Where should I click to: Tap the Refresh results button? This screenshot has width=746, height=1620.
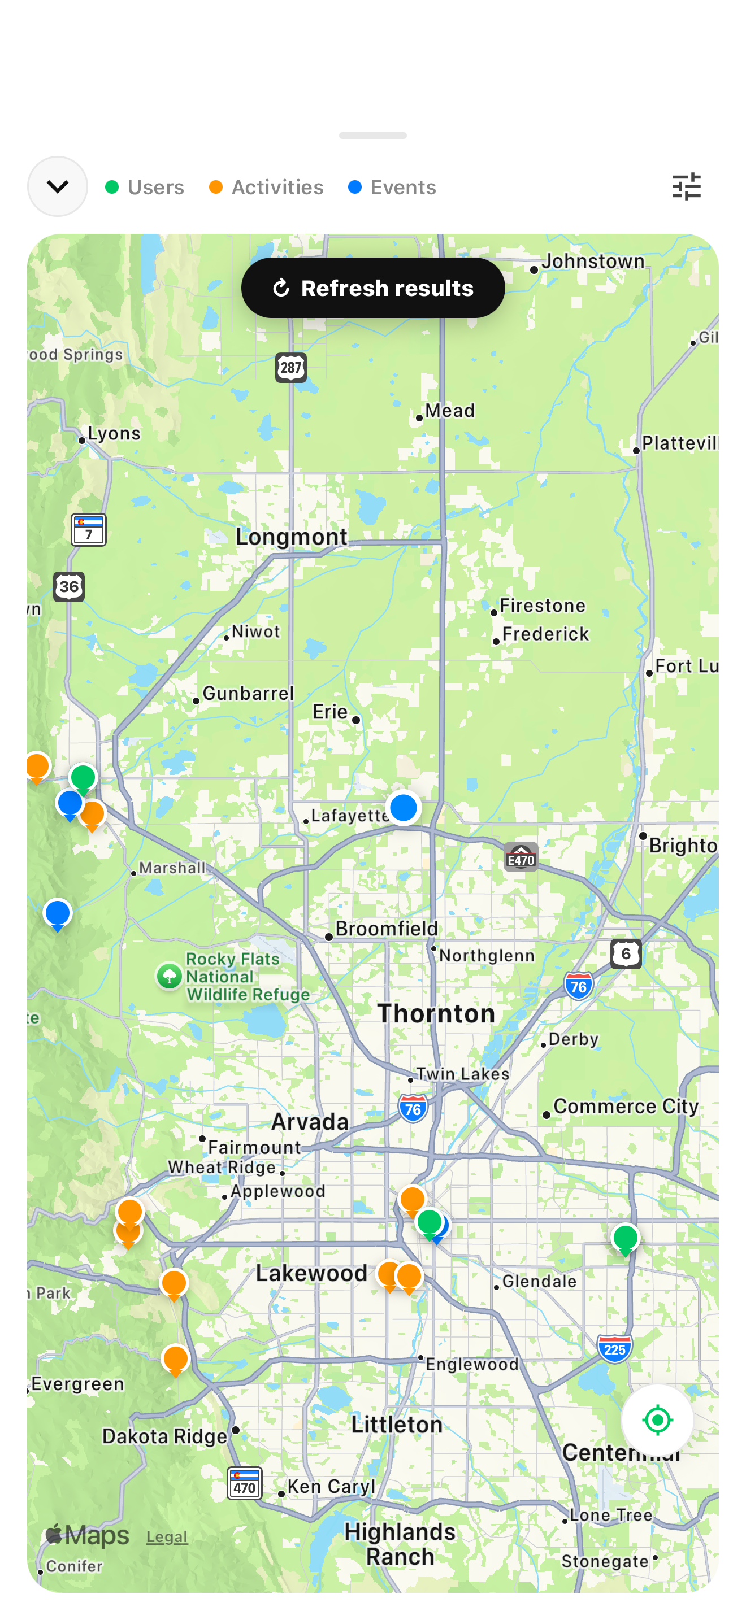click(373, 288)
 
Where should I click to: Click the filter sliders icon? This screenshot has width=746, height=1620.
click(686, 187)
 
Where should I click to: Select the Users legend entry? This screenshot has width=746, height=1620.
click(145, 188)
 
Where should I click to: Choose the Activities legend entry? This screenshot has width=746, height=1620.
click(266, 188)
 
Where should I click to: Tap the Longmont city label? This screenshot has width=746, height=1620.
click(291, 537)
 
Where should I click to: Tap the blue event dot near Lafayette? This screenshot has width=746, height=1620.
click(403, 808)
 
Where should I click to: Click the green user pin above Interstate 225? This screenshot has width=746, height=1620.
click(625, 1238)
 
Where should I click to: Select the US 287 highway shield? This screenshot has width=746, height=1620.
click(290, 368)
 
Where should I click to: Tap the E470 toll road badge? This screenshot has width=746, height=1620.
click(521, 858)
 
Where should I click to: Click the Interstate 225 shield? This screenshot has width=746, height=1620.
click(614, 1348)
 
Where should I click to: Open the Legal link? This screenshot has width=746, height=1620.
click(167, 1537)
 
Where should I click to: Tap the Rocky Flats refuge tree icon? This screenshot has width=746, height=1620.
click(169, 977)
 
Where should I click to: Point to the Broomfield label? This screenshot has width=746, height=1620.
click(386, 929)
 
